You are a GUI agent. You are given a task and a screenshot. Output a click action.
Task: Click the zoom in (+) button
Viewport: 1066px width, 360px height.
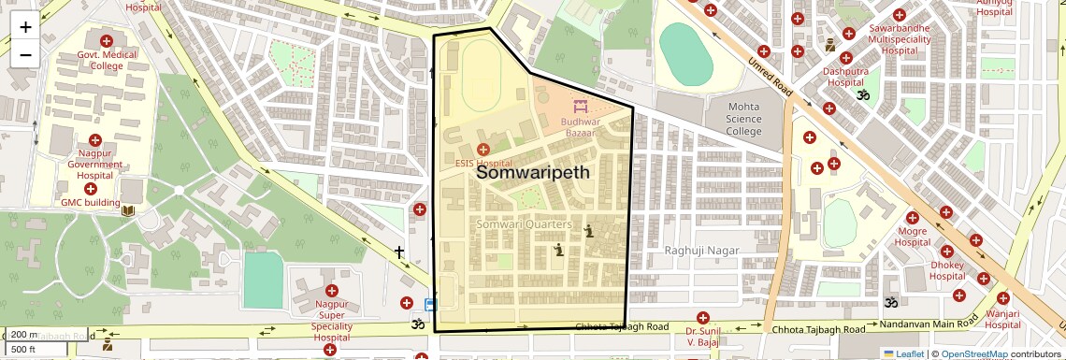[25, 26]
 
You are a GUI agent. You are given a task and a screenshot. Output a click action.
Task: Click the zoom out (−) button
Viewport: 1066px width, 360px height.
[25, 54]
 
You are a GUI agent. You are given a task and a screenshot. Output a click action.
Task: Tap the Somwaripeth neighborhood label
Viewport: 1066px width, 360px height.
[533, 172]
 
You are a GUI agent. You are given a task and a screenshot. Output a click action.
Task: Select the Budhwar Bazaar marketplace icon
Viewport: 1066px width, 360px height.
[580, 105]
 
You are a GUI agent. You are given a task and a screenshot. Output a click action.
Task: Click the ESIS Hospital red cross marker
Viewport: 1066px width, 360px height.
[483, 150]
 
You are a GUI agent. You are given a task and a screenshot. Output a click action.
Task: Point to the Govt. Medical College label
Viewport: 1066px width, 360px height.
[107, 61]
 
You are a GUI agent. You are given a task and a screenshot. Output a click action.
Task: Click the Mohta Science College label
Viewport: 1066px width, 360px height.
[744, 119]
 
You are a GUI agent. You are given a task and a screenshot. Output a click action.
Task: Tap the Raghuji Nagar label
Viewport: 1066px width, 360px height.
[701, 251]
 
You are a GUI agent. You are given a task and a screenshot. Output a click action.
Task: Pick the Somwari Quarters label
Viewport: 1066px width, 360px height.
[524, 224]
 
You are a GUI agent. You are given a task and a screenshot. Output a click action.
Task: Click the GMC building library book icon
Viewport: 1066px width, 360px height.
[128, 210]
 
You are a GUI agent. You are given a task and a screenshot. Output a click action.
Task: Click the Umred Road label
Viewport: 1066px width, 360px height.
[768, 76]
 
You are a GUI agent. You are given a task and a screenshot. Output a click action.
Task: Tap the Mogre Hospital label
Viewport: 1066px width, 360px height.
[913, 237]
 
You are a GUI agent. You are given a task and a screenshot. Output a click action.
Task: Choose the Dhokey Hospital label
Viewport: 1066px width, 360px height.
[946, 270]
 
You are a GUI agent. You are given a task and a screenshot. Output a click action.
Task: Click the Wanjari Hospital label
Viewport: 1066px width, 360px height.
[1001, 320]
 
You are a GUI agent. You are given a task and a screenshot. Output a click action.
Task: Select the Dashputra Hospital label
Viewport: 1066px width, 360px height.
[845, 77]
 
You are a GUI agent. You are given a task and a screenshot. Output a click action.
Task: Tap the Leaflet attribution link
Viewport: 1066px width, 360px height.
[903, 353]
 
